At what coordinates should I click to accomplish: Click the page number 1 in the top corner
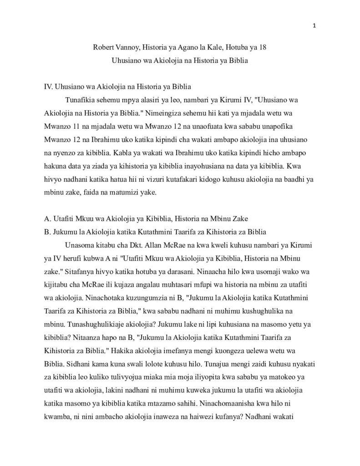click(314, 26)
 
